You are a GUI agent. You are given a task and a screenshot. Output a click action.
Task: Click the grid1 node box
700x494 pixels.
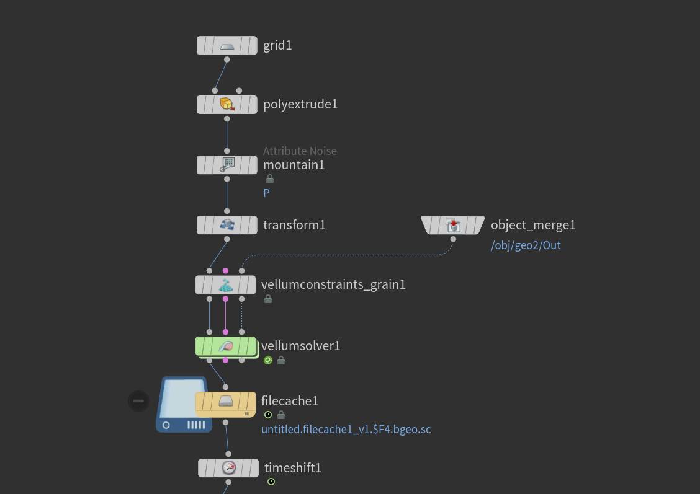(x=227, y=45)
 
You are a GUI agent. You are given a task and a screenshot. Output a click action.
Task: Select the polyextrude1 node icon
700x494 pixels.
(x=227, y=104)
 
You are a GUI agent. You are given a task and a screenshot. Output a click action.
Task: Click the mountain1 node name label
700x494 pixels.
(x=294, y=165)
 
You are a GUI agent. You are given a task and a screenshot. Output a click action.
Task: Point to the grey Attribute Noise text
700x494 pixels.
(x=300, y=151)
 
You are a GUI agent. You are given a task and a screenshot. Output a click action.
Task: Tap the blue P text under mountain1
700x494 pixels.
(x=266, y=193)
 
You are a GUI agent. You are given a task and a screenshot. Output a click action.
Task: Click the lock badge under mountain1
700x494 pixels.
(x=270, y=179)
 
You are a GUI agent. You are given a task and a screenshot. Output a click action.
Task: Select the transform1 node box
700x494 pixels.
(x=227, y=225)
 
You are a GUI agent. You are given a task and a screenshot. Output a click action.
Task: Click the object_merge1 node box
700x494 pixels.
(x=452, y=225)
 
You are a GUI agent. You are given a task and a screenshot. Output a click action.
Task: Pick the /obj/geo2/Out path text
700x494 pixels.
(x=526, y=245)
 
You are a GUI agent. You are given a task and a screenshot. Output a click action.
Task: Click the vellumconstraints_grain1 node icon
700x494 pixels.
(x=225, y=285)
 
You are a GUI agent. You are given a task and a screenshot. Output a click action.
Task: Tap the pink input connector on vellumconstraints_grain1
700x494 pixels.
(x=225, y=271)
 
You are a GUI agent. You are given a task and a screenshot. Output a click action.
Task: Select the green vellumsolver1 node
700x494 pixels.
(x=226, y=346)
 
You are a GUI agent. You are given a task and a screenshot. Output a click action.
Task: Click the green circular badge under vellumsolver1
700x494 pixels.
(x=268, y=360)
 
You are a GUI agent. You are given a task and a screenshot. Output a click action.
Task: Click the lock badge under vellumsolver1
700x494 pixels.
(x=280, y=360)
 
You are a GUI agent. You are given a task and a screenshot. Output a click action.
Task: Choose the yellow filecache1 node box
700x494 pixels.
(x=225, y=404)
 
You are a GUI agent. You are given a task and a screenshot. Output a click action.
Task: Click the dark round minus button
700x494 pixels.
(x=138, y=401)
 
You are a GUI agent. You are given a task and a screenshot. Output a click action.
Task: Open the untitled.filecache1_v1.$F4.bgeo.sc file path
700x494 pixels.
(x=346, y=430)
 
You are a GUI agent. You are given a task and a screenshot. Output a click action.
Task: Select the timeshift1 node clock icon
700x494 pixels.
(x=228, y=468)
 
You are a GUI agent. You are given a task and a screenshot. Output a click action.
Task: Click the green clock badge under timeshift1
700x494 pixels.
(x=271, y=482)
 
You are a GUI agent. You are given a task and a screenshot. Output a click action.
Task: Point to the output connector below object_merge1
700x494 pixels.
(x=453, y=239)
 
